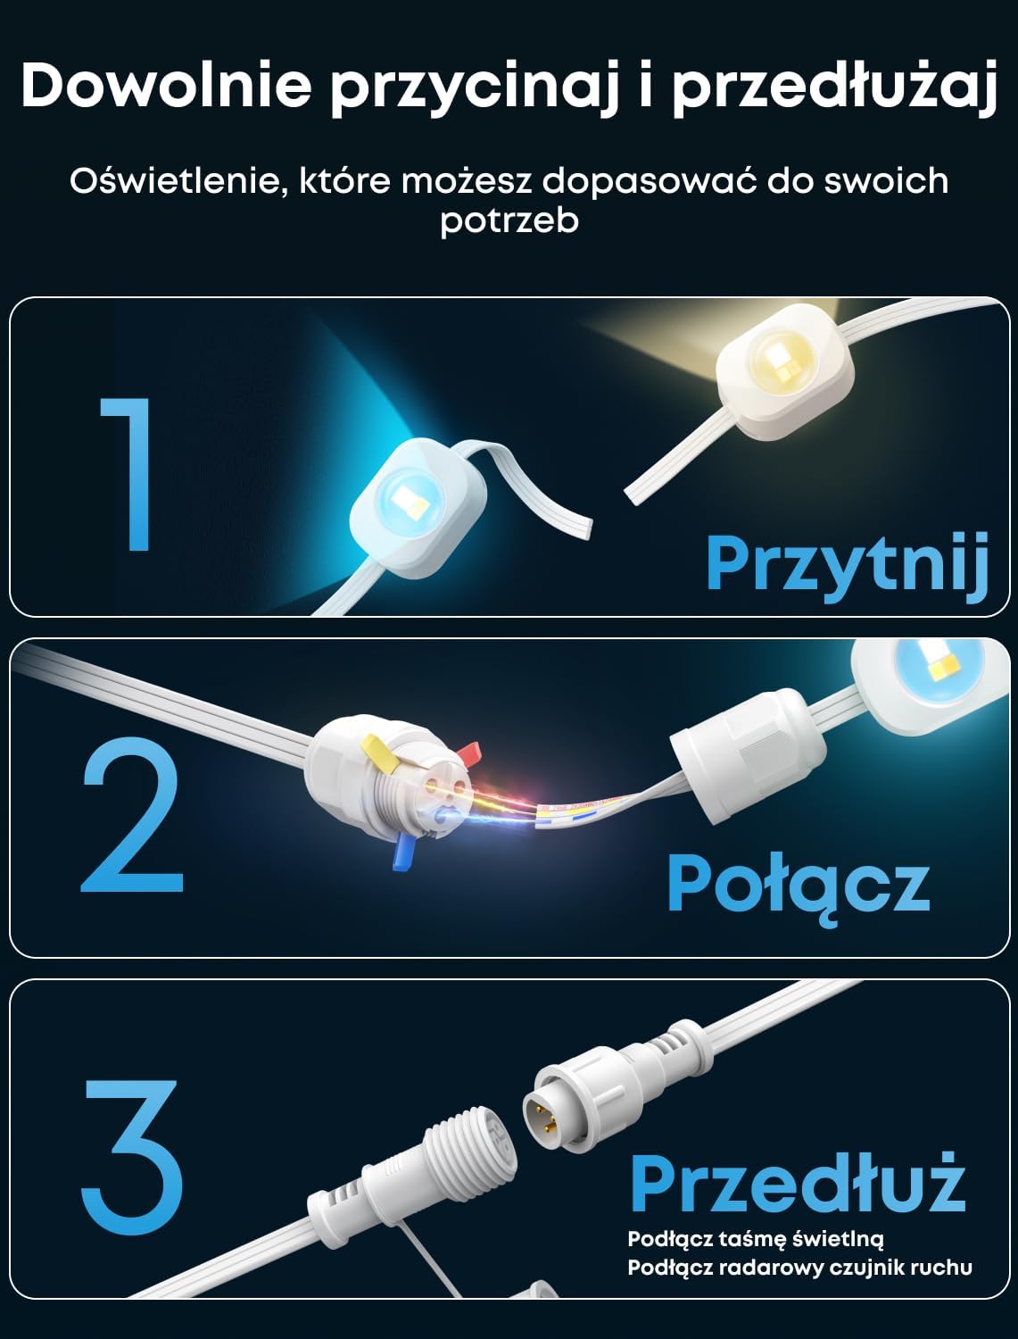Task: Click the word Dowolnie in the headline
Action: [167, 86]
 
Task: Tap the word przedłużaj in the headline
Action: [834, 89]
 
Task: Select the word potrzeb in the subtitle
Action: [509, 220]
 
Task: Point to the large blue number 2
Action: [132, 814]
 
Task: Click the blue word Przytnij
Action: [848, 568]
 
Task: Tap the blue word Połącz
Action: [799, 886]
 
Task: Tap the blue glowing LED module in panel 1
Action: [418, 508]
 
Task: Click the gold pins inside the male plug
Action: [545, 1112]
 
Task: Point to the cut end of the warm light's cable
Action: [634, 495]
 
